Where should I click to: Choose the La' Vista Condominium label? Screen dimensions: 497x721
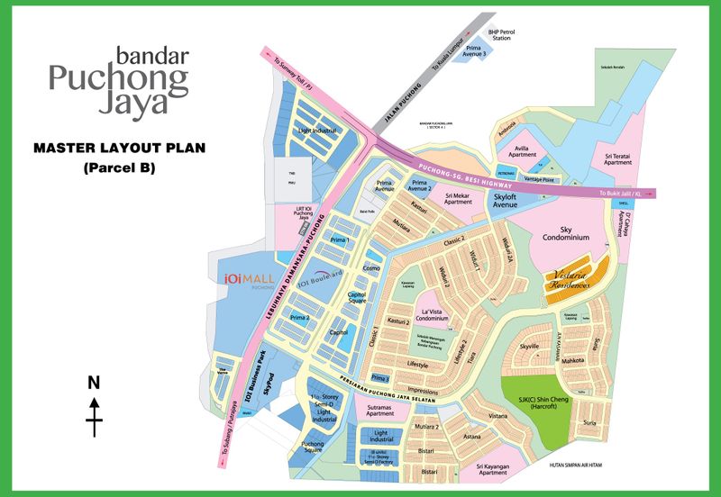point(445,313)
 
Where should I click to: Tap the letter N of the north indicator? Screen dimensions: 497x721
point(93,383)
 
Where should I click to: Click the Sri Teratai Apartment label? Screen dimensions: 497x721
point(616,159)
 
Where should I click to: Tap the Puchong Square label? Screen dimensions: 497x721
point(313,447)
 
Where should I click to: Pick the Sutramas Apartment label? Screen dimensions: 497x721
point(380,410)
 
